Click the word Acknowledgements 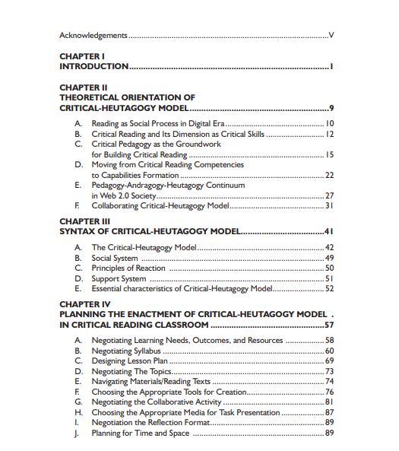tap(93, 35)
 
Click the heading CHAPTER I tap(81, 56)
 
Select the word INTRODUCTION tap(94, 67)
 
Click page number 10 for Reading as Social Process tap(330, 123)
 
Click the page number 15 tap(330, 154)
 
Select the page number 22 tap(330, 175)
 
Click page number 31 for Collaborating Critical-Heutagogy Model tap(330, 205)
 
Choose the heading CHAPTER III tap(84, 221)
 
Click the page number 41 tap(329, 231)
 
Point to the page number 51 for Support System tap(330, 278)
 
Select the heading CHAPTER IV tap(85, 303)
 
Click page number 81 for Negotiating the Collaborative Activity tap(330, 402)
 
